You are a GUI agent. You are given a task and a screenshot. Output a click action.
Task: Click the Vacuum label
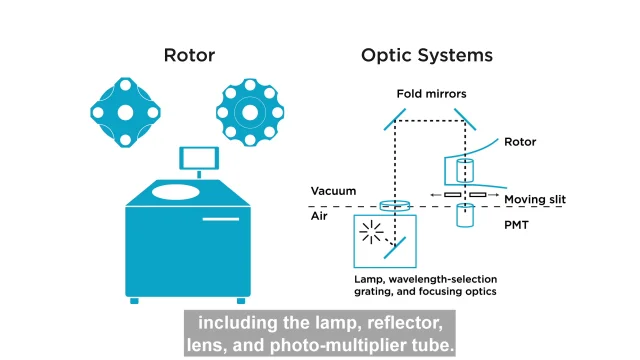[333, 191]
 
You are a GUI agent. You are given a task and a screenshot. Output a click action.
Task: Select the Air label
[322, 215]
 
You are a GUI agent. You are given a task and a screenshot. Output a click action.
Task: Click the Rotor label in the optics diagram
[520, 142]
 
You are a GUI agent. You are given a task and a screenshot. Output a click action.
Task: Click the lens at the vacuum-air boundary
[395, 205]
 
